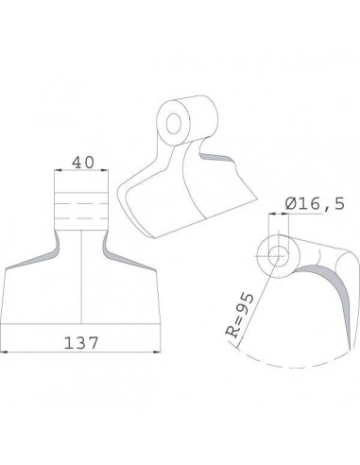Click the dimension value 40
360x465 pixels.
point(82,164)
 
